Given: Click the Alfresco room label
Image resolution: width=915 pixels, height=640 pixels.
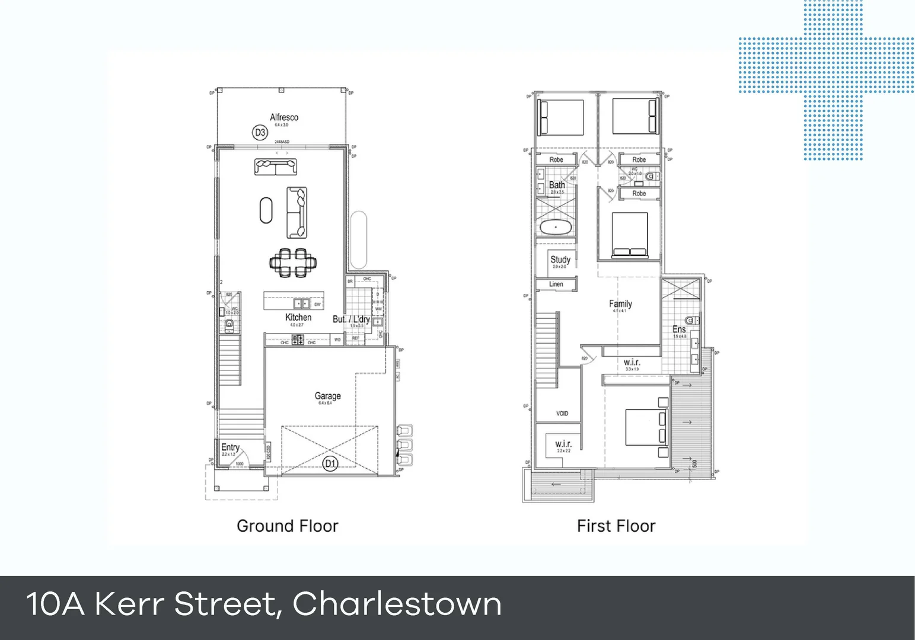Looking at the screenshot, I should coord(284,117).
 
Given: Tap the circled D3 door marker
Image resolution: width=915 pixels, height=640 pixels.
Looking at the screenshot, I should coord(260,133).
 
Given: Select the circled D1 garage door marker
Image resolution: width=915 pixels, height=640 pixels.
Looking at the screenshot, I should coord(330,463).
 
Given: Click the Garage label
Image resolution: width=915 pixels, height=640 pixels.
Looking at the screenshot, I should coord(327,396).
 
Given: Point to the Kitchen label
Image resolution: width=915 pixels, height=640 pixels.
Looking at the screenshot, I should coord(298,318).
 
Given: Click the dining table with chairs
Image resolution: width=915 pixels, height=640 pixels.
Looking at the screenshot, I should coord(293,263).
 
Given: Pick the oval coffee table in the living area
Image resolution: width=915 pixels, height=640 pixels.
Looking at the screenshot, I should coord(266,210).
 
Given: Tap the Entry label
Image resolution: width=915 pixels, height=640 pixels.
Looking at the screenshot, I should coord(230,447).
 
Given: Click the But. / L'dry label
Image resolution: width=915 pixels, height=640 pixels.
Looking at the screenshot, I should coord(351,319).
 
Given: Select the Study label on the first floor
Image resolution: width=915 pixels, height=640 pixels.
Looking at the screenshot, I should coord(560,260).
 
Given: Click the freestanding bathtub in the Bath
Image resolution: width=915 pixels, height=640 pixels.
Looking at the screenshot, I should coord(556,227).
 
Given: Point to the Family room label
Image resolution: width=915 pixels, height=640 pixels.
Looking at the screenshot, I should coord(620,304).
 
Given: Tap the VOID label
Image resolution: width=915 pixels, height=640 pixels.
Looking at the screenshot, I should coord(562,414).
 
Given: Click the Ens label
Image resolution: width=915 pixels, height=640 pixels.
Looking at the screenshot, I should coord(679,329).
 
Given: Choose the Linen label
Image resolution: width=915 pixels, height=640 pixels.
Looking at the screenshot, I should coord(556,284).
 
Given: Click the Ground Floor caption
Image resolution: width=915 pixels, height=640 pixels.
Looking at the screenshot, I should coord(288,526).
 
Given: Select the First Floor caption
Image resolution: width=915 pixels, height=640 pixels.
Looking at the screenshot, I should coord(616,526).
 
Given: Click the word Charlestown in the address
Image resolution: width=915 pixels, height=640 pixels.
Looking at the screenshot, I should coord(397,604).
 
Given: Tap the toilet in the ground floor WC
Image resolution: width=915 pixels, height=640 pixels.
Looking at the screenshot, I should coord(229,324).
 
